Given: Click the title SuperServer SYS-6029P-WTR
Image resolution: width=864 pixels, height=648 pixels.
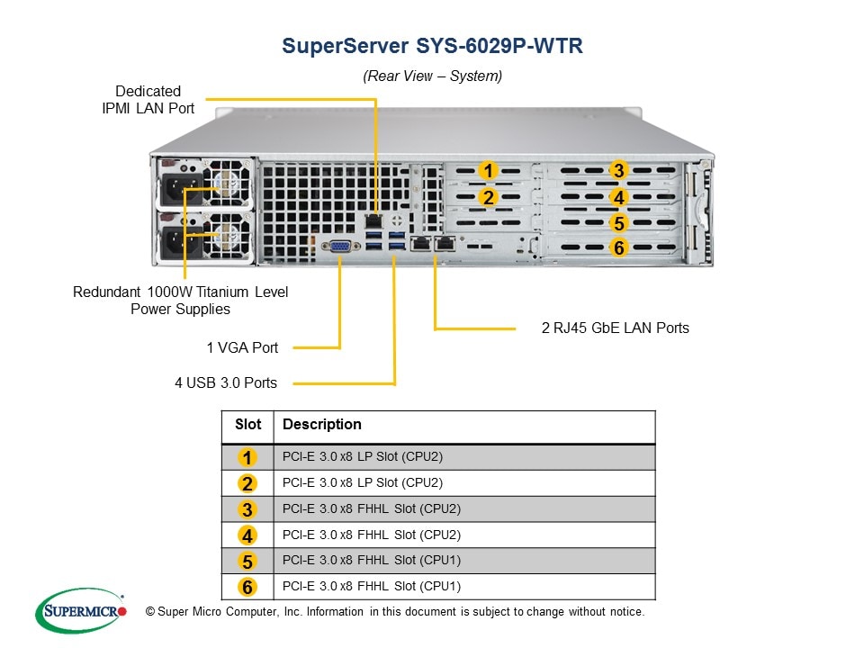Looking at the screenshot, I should point(432,46).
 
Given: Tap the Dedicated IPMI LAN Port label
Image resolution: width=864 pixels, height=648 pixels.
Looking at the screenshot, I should point(148,100).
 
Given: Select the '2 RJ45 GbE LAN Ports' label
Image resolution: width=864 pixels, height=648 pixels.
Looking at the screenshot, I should point(616,328).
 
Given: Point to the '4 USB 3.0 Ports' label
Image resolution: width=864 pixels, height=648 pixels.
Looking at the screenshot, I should point(226,382).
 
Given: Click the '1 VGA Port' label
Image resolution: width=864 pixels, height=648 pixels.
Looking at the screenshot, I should point(242,347).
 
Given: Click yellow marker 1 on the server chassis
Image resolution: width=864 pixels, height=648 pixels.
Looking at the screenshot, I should point(488,170).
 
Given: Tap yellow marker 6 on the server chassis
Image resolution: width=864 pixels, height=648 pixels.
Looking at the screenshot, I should point(617,247).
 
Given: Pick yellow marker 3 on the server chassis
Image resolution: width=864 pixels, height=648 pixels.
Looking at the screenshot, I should point(617,170).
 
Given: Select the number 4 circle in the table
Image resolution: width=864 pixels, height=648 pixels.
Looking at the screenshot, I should point(248,535).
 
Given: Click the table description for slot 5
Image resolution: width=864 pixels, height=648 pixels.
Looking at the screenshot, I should point(371,560).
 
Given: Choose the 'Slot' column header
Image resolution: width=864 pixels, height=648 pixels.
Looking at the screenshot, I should point(248,425).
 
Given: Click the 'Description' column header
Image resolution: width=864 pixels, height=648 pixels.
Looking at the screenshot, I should point(322,425).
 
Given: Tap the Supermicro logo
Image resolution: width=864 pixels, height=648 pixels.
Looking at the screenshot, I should point(81,612).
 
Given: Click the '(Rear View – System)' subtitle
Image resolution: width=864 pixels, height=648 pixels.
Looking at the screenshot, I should point(432,76).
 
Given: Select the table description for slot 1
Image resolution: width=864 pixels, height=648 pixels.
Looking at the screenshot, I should point(363,456).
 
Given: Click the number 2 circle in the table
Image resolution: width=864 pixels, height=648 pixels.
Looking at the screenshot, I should point(248,482).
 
